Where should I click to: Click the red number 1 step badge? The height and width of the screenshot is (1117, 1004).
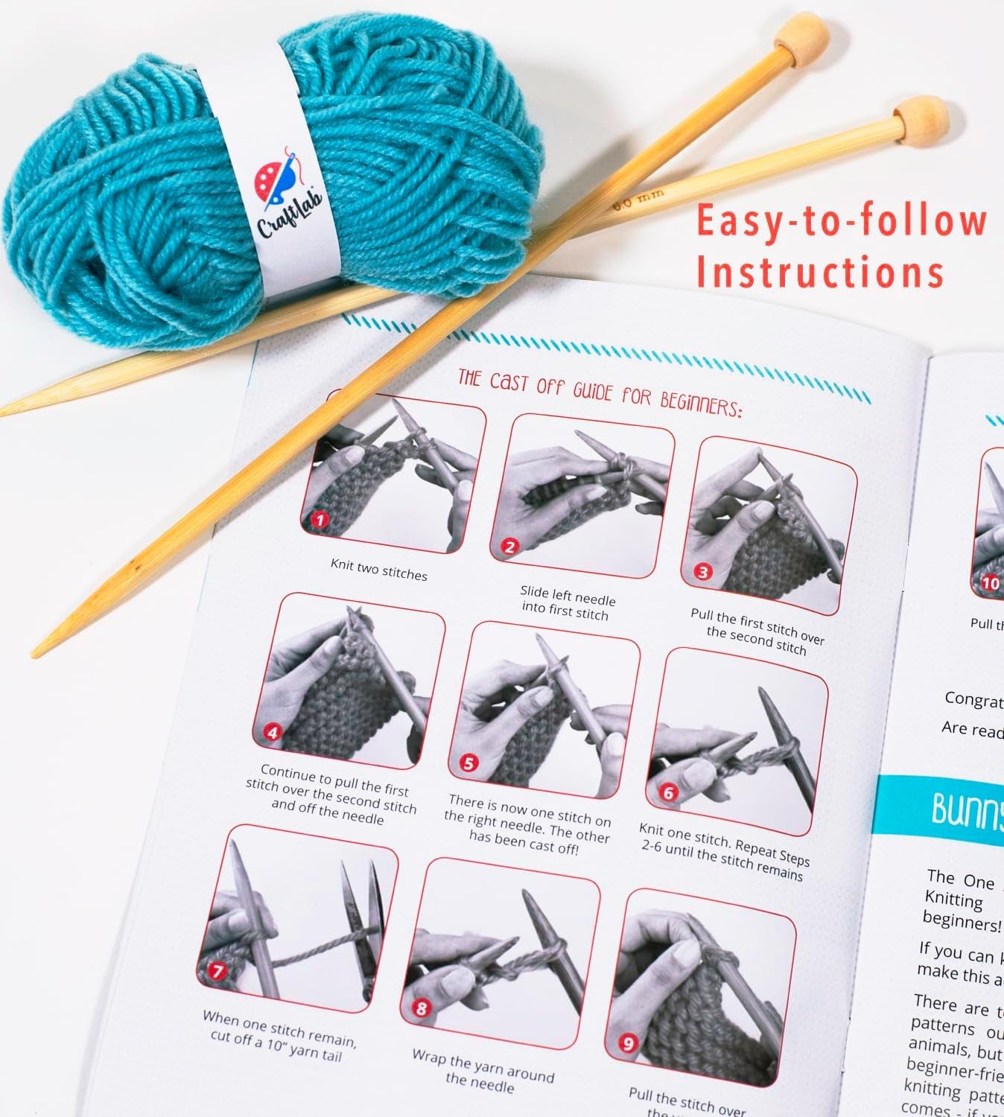pyautogui.click(x=320, y=519)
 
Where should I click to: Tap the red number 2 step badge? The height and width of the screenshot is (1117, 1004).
pyautogui.click(x=509, y=547)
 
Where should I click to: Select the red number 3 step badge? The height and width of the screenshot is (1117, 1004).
pyautogui.click(x=702, y=572)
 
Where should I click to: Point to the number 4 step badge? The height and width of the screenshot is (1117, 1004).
pyautogui.click(x=273, y=733)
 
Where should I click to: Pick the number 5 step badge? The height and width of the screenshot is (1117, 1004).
pyautogui.click(x=468, y=763)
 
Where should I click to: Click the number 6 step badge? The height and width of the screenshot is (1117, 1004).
pyautogui.click(x=667, y=793)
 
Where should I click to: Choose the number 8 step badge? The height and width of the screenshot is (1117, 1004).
pyautogui.click(x=422, y=1009)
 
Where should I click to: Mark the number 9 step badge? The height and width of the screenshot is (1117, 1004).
pyautogui.click(x=628, y=1043)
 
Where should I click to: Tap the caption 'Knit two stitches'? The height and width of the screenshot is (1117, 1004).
pyautogui.click(x=379, y=570)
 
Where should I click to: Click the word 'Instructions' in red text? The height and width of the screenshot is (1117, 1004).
pyautogui.click(x=819, y=272)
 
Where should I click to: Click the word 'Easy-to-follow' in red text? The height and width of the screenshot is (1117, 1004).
pyautogui.click(x=842, y=221)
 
